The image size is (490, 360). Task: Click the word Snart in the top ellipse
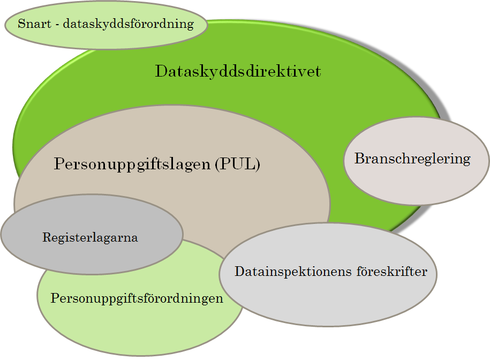tap(34, 24)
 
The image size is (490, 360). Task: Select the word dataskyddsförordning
tap(128, 24)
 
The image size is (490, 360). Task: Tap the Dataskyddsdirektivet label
tap(238, 71)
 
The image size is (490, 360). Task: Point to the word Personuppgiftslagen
tap(132, 164)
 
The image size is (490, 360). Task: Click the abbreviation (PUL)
tap(237, 164)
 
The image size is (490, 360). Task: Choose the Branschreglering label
tap(412, 159)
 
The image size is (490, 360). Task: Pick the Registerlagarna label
tap(90, 237)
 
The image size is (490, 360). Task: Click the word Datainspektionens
tap(293, 272)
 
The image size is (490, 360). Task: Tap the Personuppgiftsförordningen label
tap(137, 298)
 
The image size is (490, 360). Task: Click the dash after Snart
tap(57, 25)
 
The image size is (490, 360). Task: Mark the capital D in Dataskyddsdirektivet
tap(162, 71)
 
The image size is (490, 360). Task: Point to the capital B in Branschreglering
tap(360, 158)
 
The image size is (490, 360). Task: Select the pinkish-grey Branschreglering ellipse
tap(416, 161)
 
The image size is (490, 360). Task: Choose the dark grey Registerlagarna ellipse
tap(92, 235)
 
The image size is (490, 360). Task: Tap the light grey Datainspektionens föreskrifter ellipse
tap(328, 275)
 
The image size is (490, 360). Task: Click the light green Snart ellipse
tap(106, 25)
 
